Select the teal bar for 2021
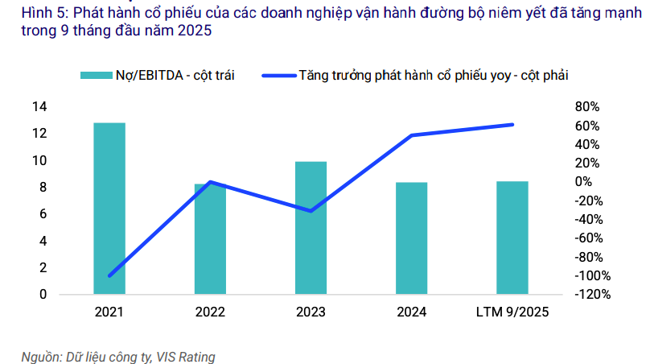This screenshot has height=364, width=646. (109, 209)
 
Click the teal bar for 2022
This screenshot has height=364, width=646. (210, 239)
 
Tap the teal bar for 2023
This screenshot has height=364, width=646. (311, 228)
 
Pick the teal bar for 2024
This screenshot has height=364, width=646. (411, 238)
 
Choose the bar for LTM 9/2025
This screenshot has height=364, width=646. (512, 238)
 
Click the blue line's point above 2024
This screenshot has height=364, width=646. (411, 135)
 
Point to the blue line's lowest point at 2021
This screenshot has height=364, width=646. (109, 275)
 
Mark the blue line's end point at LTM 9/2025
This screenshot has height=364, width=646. (512, 124)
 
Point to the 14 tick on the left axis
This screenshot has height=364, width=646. (38, 106)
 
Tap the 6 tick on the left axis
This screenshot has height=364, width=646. (42, 214)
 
